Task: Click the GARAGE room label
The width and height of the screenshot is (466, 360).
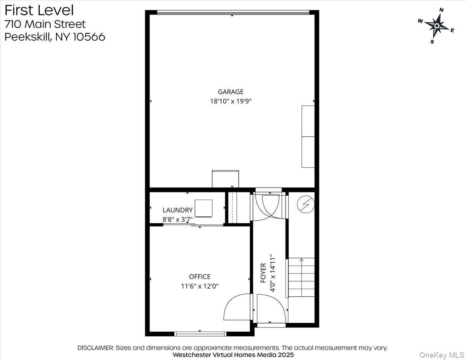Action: (231, 92)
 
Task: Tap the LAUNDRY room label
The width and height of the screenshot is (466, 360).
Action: (177, 210)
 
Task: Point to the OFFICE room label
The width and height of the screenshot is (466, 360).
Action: (200, 277)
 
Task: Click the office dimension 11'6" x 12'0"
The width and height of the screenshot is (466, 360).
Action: (200, 286)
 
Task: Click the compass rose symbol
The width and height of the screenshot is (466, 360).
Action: (436, 26)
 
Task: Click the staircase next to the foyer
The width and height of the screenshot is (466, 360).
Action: (301, 277)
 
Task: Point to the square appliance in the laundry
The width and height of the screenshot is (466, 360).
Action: (203, 208)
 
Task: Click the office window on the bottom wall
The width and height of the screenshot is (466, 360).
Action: (200, 334)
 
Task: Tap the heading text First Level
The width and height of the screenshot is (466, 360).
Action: (39, 10)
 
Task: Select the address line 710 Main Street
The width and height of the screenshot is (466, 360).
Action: (45, 24)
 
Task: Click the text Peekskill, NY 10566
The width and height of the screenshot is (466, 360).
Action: (55, 37)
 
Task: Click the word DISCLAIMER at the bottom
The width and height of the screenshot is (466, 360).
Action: (96, 348)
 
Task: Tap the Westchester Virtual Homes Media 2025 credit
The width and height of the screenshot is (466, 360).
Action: (233, 355)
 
